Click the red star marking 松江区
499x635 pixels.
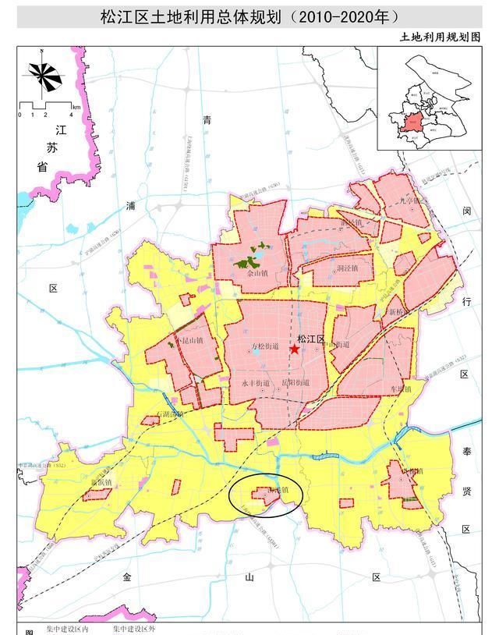(294, 350)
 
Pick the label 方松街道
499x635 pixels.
(266, 346)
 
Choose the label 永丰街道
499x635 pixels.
(255, 383)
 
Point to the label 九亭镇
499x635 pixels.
(409, 200)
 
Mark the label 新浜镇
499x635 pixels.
(103, 482)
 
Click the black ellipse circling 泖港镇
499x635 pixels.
(264, 496)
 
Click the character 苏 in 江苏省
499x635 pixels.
(52, 147)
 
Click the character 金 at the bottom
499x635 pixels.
(126, 577)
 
